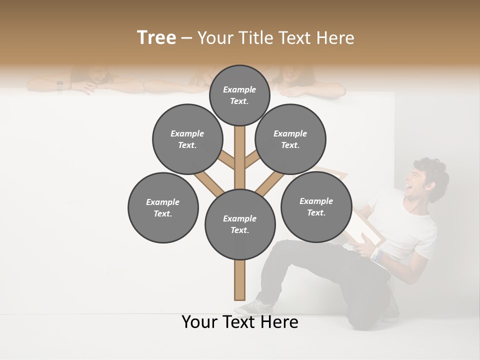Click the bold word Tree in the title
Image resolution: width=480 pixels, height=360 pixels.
click(156, 38)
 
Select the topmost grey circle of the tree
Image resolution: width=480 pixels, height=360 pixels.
click(239, 95)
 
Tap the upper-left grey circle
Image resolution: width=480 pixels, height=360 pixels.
click(187, 139)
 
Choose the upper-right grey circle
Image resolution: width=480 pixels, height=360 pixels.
click(290, 139)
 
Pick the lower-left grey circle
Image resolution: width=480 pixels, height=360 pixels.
click(163, 207)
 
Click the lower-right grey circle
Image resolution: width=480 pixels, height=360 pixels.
click(316, 206)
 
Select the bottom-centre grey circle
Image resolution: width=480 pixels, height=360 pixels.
click(240, 224)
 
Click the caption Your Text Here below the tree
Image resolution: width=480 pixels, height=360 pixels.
click(240, 322)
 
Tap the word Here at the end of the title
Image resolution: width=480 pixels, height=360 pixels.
click(336, 38)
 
